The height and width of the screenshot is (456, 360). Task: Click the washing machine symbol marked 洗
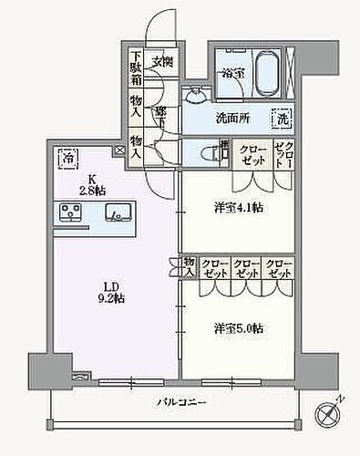click(283, 117)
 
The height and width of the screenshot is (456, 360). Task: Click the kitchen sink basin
click(118, 214)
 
